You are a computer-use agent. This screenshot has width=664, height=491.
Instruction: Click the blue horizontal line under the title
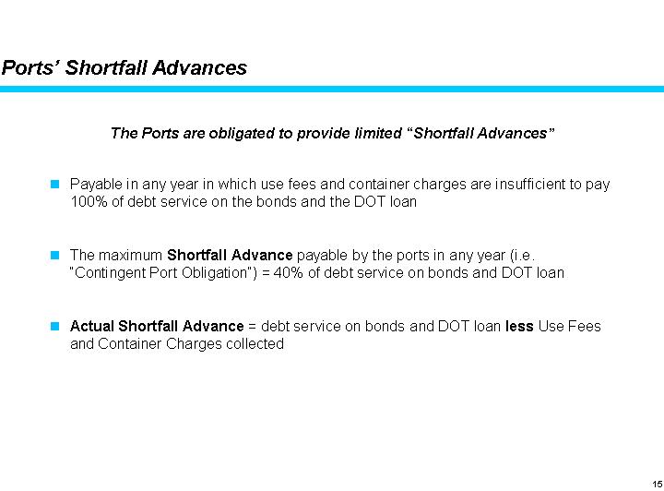tap(332, 89)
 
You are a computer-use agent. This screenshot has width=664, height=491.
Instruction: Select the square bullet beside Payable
tap(55, 184)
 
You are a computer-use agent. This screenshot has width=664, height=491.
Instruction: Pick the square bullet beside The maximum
tap(55, 254)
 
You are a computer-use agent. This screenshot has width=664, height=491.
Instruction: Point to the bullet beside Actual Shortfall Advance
tap(55, 326)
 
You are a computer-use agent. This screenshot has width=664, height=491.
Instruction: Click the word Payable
tap(94, 184)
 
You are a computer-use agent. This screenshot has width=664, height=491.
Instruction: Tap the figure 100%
tap(87, 201)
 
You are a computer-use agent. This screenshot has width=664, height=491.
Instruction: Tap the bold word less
tap(519, 326)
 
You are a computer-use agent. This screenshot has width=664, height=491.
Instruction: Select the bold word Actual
tap(92, 326)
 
